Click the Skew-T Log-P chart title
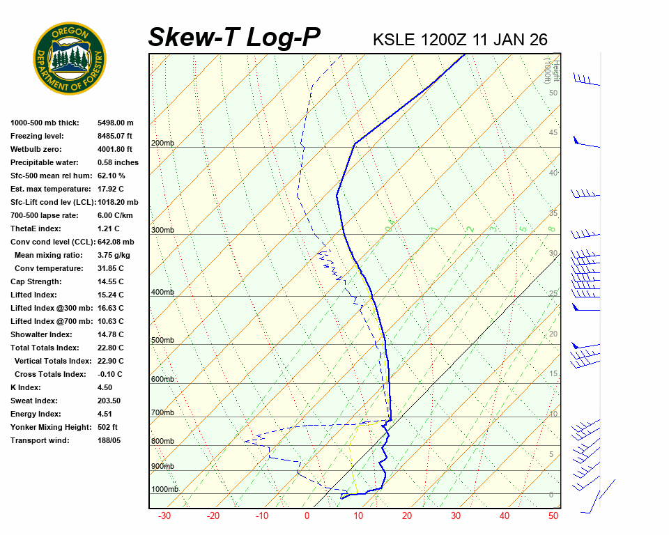coord(235,38)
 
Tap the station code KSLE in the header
coord(395,40)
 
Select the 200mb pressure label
coord(162,144)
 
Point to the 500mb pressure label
coord(162,340)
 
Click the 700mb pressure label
coord(162,413)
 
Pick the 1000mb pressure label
coord(165,489)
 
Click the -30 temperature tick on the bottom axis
coord(164,516)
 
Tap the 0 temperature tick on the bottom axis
coord(307,516)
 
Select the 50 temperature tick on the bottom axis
coord(553,516)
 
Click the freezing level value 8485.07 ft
coord(115,136)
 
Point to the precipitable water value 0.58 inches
coord(118,162)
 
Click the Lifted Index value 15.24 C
coord(111,295)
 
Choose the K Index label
coord(26,387)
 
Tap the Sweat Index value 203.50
coord(109,401)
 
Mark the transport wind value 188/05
coord(109,440)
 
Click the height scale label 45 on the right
coord(553,133)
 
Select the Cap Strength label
coord(36,281)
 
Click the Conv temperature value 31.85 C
coord(111,268)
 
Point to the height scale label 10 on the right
coord(553,414)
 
